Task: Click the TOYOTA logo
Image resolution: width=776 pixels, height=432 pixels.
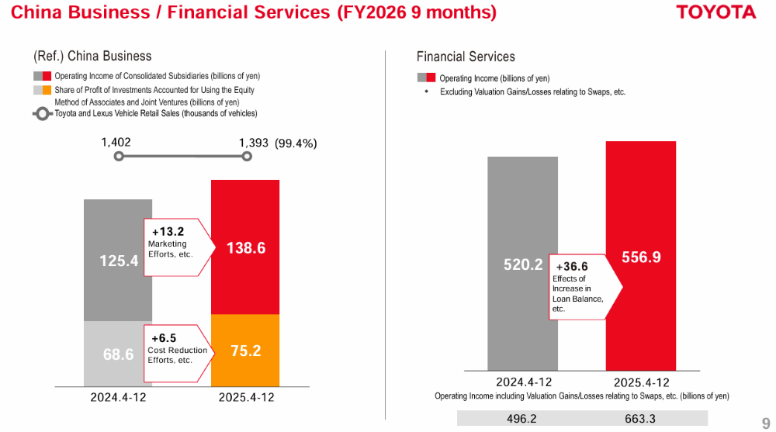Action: pyautogui.click(x=715, y=12)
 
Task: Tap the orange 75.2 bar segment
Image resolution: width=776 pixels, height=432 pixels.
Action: pyautogui.click(x=245, y=350)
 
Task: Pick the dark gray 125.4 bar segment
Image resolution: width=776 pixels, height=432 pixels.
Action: pyautogui.click(x=118, y=260)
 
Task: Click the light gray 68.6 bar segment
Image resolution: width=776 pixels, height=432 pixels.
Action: pyautogui.click(x=118, y=354)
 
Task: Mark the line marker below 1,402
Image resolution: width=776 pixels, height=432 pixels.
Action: pyautogui.click(x=118, y=156)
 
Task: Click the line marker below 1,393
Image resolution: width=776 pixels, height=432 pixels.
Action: pyautogui.click(x=247, y=156)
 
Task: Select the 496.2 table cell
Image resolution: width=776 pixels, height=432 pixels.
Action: pyautogui.click(x=522, y=419)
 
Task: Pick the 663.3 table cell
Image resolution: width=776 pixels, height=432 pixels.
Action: pyautogui.click(x=641, y=419)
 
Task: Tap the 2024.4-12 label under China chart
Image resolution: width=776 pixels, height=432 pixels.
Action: pyautogui.click(x=118, y=397)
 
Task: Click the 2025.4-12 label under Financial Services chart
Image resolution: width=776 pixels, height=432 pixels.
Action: pyautogui.click(x=641, y=382)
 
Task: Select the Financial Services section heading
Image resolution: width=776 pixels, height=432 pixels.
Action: pyautogui.click(x=466, y=57)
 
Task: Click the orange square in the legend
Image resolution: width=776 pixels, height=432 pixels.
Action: pyautogui.click(x=47, y=90)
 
